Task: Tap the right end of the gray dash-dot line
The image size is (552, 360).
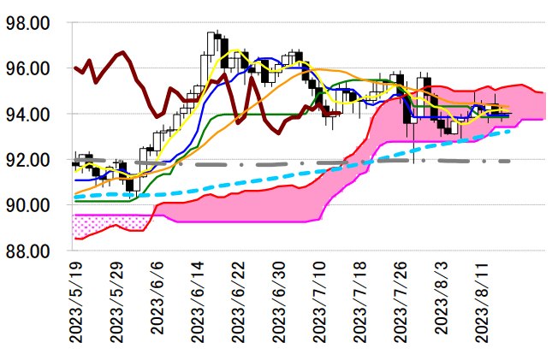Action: [x=510, y=161]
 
